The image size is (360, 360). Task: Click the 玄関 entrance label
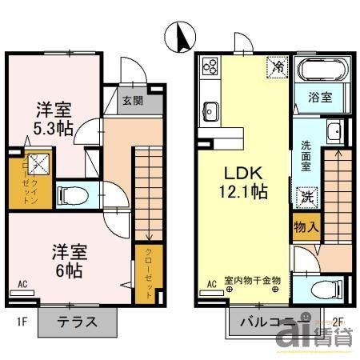133,100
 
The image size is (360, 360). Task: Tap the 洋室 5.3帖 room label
54,118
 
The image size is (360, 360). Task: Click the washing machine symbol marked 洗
306,195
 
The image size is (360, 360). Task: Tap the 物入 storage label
306,226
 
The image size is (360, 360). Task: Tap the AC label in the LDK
213,284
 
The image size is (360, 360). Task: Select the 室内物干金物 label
252,280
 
